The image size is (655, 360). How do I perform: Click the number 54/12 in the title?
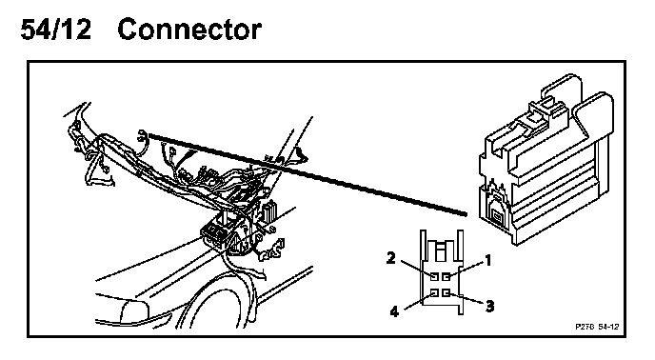click(55, 30)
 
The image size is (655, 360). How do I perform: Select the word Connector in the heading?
click(189, 30)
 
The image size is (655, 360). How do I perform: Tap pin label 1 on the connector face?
click(487, 261)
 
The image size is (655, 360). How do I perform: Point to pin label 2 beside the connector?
click(390, 258)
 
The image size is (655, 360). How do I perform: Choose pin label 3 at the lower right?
click(489, 307)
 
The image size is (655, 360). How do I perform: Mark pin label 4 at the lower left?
click(394, 311)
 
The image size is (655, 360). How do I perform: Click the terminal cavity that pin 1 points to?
click(447, 277)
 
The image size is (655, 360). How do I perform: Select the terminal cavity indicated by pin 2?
click(434, 277)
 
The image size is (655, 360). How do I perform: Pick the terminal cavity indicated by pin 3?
click(447, 293)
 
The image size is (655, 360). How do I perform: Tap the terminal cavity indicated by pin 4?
click(434, 293)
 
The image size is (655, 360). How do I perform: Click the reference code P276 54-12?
click(597, 327)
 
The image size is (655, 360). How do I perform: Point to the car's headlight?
click(134, 310)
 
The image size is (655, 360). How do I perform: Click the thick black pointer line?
click(307, 174)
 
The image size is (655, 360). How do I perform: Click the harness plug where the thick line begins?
click(143, 136)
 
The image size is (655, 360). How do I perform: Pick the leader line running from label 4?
click(418, 302)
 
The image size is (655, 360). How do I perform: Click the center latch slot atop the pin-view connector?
click(441, 252)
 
